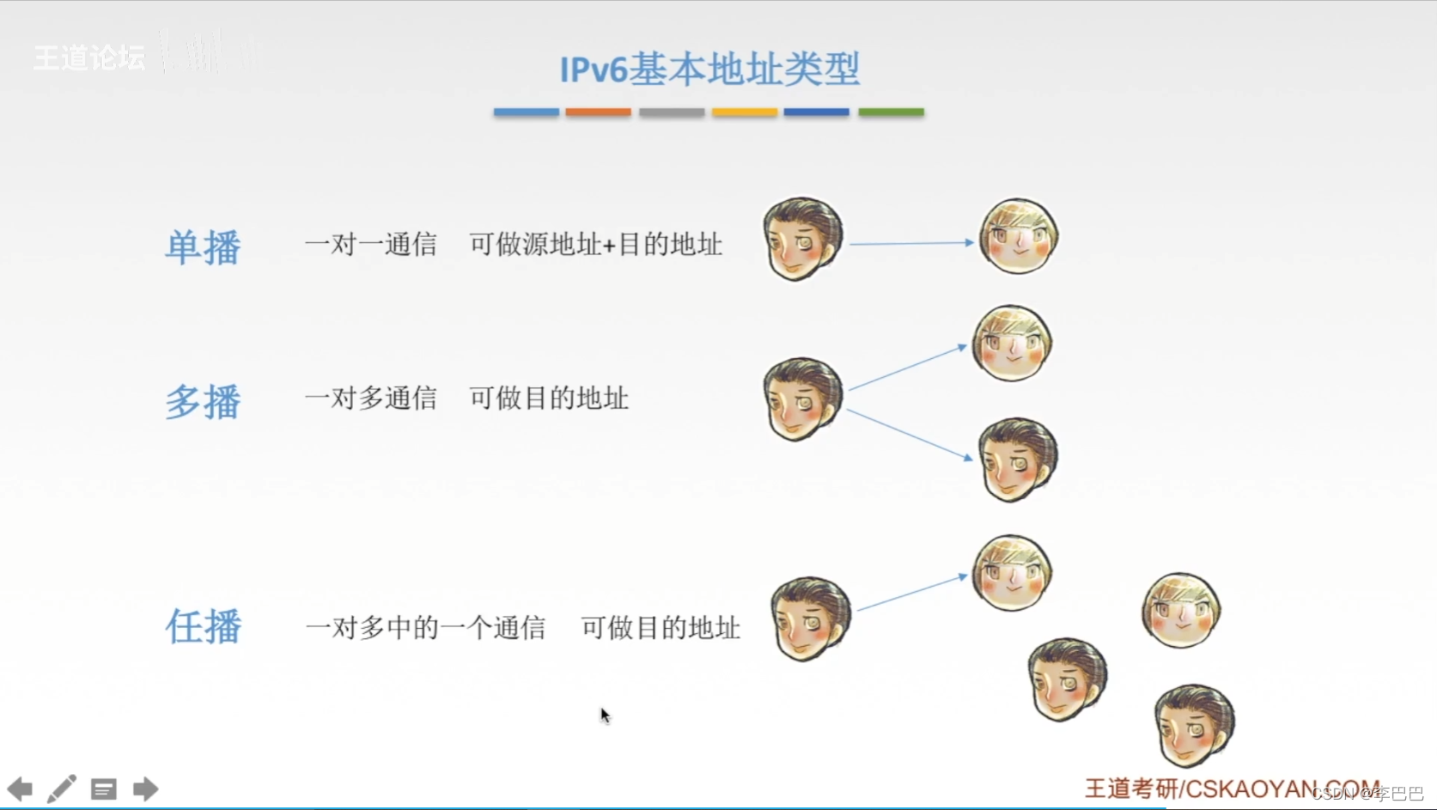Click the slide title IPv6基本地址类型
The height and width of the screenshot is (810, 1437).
point(709,70)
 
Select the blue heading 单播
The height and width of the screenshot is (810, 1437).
point(203,247)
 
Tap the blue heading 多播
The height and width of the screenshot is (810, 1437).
point(203,401)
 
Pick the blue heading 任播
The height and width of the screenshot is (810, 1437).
point(203,626)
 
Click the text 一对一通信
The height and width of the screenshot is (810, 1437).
point(370,245)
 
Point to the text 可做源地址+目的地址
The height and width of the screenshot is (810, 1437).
point(595,245)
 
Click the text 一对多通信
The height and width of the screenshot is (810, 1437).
point(370,399)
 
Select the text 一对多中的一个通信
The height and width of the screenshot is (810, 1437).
point(425,628)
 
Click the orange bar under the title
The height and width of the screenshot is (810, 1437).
point(598,113)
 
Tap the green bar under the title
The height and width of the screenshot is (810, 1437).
point(891,113)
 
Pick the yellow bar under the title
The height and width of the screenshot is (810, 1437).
point(745,113)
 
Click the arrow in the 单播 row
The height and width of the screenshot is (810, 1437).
point(911,243)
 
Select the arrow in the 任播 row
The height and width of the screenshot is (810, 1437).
point(912,593)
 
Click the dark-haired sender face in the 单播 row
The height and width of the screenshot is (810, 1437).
point(802,239)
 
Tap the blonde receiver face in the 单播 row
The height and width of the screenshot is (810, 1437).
point(1019,236)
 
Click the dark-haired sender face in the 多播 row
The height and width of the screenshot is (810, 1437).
point(802,399)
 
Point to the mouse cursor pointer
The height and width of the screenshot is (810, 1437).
point(605,716)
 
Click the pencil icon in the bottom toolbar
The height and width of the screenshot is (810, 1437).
point(62,789)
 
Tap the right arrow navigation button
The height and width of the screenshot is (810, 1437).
point(145,789)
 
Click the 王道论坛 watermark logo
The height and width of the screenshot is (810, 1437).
point(89,58)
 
